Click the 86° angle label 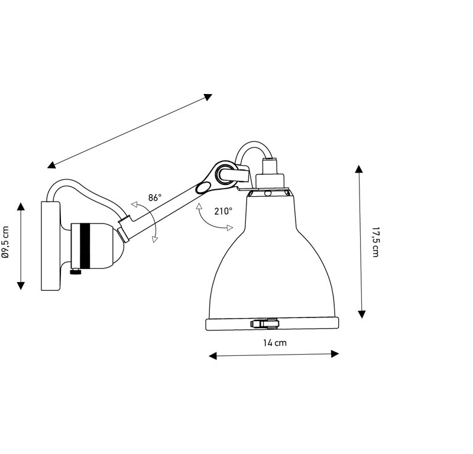pos(155,198)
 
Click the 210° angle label pos(223,211)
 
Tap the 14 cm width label pos(275,343)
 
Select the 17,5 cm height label pos(375,242)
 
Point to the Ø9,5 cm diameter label pos(5,242)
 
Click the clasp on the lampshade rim pos(264,324)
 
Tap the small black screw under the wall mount pos(76,272)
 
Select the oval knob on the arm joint pos(203,187)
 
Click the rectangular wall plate pos(50,246)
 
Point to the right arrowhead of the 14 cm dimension pos(335,354)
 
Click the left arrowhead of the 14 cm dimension pos(213,356)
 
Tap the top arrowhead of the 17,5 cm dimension pos(359,168)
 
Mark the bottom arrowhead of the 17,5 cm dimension pos(362,314)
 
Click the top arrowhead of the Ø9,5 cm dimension pos(21,206)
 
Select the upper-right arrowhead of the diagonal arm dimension pos(208,97)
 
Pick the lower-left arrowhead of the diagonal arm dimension pos(51,165)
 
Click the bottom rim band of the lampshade pos(272,324)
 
